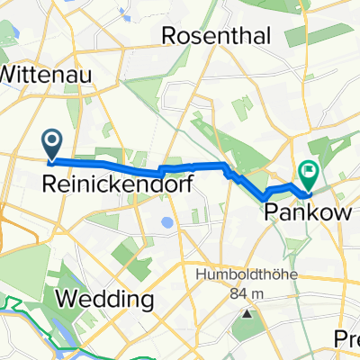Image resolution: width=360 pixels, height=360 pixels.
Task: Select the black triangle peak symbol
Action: tap(248, 314)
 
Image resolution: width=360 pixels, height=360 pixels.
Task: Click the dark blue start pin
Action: tap(51, 142)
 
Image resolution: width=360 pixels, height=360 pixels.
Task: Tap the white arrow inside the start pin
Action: tap(51, 139)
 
